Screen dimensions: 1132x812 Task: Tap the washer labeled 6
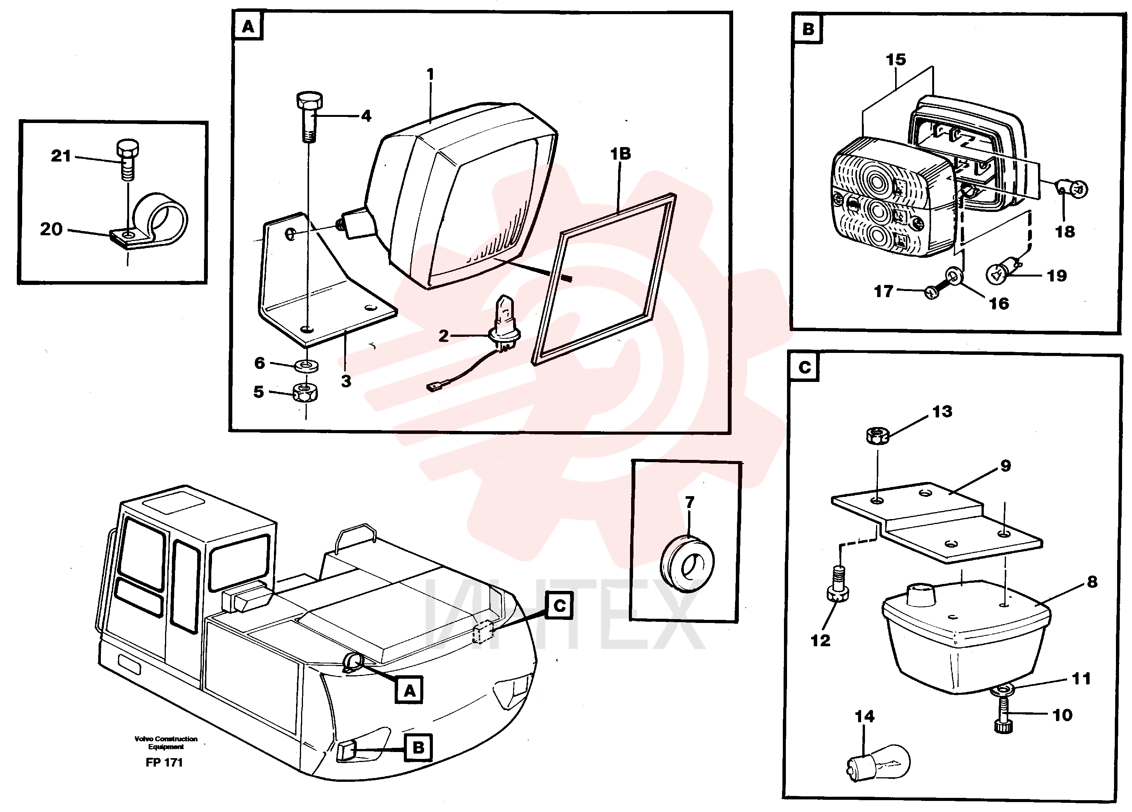tap(306, 366)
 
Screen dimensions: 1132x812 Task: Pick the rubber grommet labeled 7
tap(687, 565)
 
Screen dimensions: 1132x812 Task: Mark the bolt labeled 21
tap(128, 160)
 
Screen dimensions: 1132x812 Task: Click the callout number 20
tap(51, 229)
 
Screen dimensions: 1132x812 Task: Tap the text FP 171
tap(164, 763)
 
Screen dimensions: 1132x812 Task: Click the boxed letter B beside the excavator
tap(418, 747)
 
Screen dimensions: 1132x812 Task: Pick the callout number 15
tap(896, 59)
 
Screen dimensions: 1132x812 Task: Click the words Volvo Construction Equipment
tap(166, 742)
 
